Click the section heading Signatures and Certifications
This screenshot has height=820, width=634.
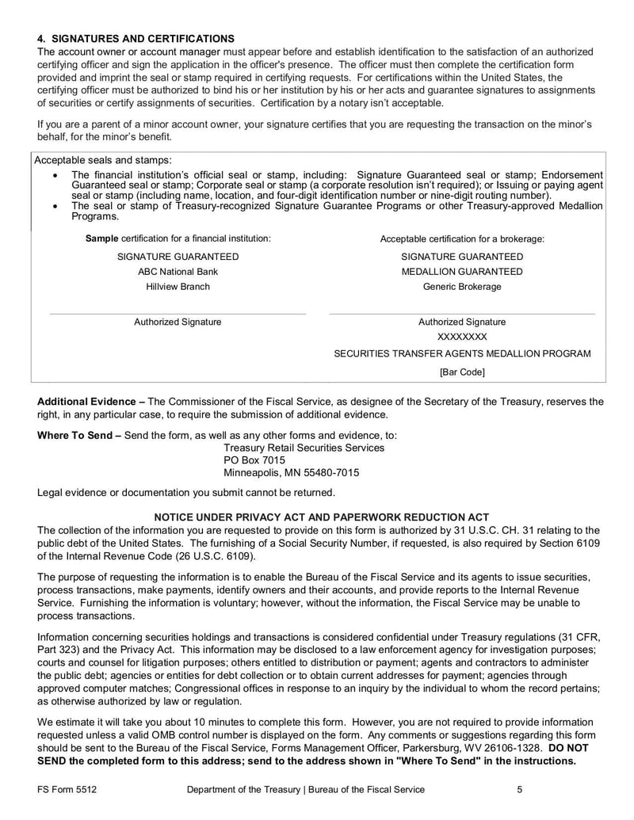click(x=136, y=39)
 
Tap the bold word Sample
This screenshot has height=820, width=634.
click(x=101, y=238)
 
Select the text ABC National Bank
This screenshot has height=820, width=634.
click(x=178, y=272)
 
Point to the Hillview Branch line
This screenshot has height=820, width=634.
click(x=178, y=287)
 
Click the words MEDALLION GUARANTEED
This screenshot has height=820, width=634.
click(x=462, y=272)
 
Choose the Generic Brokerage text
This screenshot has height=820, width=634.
click(x=462, y=287)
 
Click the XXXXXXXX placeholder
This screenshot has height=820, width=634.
click(x=462, y=337)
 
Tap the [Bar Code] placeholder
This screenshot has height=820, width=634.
click(x=462, y=372)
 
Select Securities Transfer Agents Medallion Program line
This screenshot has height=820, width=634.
click(x=462, y=353)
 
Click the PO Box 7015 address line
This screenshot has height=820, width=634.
click(x=254, y=460)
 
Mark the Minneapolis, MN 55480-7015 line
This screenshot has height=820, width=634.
click(x=291, y=473)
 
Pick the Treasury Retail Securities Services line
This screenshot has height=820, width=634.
click(x=304, y=448)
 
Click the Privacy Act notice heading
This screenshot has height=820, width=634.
click(x=321, y=517)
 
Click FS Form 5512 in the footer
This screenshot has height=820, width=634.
click(x=71, y=790)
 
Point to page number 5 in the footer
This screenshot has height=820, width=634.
click(x=519, y=790)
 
